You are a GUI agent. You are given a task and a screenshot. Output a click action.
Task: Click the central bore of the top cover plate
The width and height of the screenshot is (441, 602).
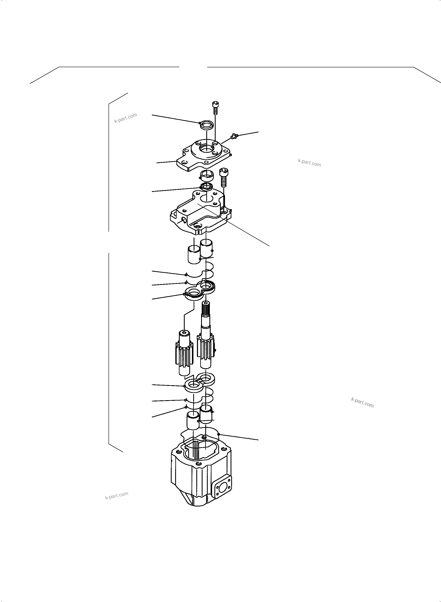(207, 148)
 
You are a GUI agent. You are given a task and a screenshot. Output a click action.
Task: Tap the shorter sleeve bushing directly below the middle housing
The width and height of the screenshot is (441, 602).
(194, 254)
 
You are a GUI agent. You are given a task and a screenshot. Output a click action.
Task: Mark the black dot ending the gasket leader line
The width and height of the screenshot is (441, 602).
(219, 434)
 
